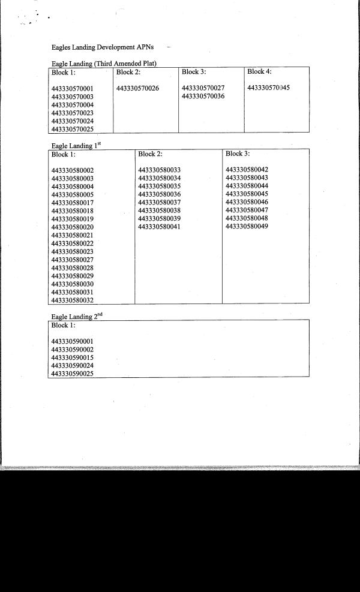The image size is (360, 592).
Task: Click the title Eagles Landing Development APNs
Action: (x=103, y=47)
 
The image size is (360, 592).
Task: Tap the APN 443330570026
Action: (x=137, y=89)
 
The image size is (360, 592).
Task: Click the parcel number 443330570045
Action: (x=268, y=88)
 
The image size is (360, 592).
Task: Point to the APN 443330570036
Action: (x=203, y=97)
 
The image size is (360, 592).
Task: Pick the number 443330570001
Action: (x=73, y=89)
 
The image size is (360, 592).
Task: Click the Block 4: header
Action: (x=259, y=72)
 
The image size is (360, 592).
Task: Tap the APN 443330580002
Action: (x=73, y=170)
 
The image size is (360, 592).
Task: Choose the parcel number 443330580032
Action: (x=73, y=300)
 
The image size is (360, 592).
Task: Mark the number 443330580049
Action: (x=247, y=227)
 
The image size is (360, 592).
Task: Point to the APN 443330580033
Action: (x=159, y=170)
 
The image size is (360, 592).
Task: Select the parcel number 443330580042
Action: (x=247, y=170)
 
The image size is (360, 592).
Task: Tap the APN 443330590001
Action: (x=73, y=341)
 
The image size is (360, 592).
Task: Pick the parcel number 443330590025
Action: (x=73, y=374)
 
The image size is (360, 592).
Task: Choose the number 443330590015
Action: (x=73, y=357)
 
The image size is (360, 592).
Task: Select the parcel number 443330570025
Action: (x=73, y=129)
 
